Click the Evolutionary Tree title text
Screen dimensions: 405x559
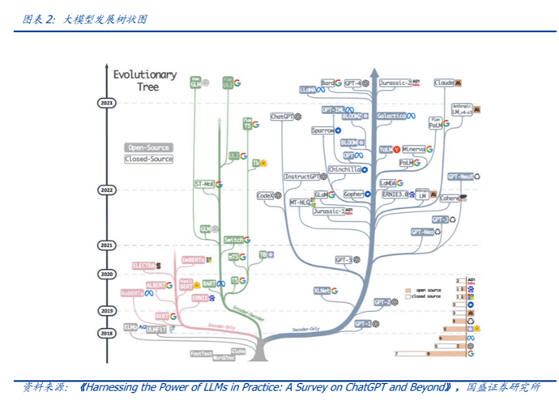click(146, 81)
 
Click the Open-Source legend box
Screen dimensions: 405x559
click(148, 147)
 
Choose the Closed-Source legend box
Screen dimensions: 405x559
click(148, 159)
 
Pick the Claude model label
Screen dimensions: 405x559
click(444, 83)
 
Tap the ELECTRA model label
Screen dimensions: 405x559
click(143, 265)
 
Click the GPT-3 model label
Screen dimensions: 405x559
click(344, 260)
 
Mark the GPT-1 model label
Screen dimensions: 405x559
click(362, 323)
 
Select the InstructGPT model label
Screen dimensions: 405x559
click(303, 177)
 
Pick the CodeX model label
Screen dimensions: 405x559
click(265, 195)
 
